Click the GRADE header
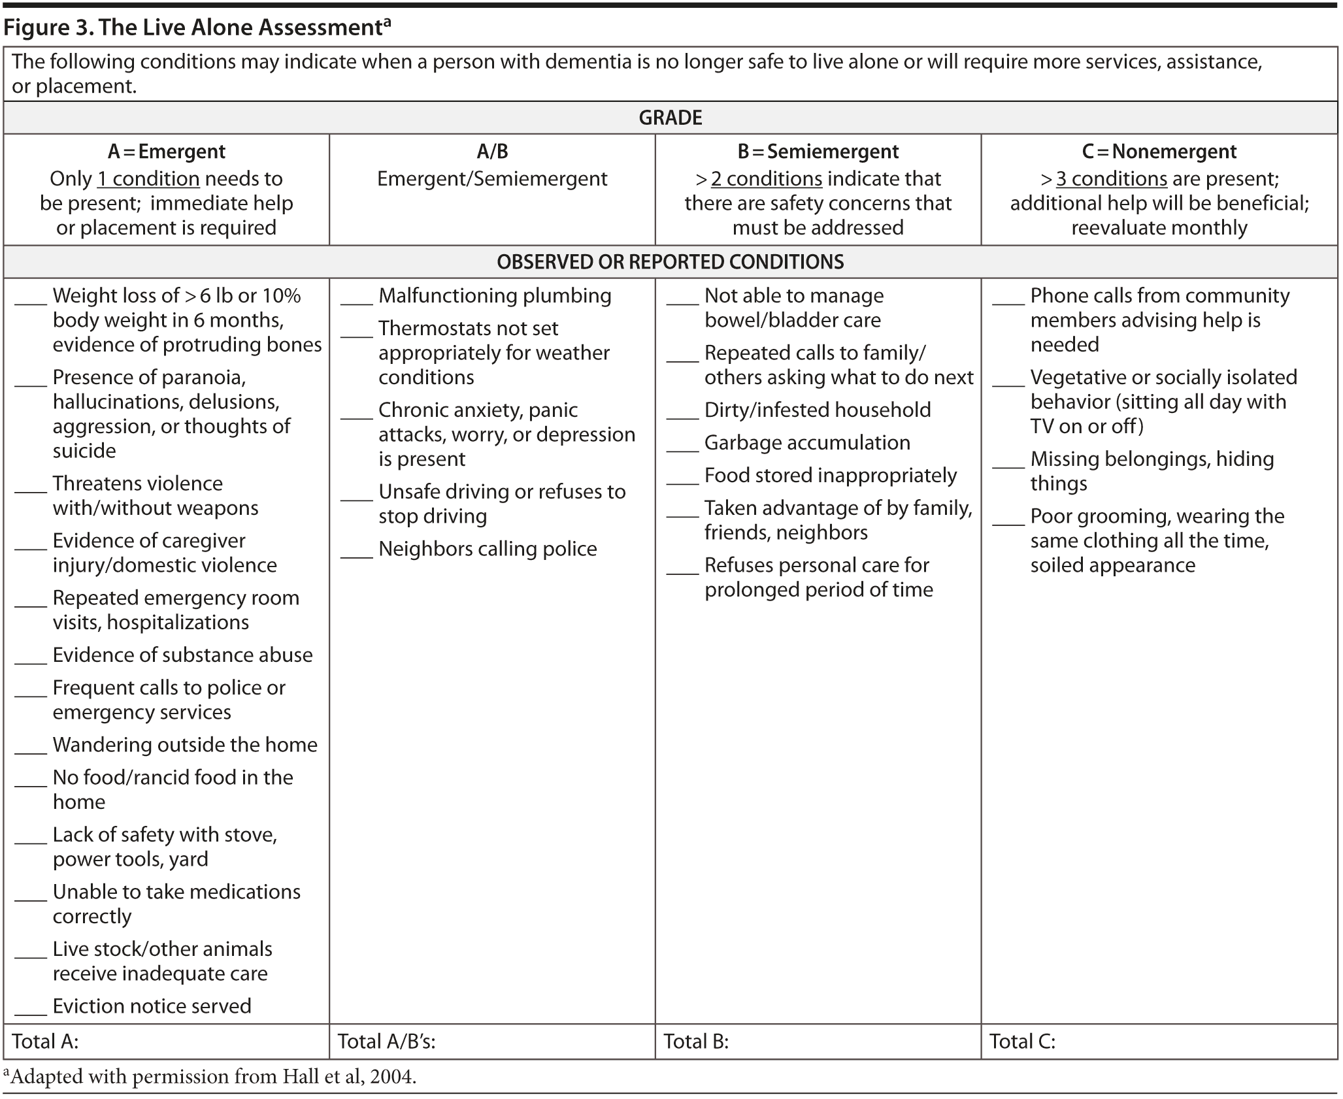[670, 118]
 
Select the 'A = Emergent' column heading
[166, 152]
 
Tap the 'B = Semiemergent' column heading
[818, 152]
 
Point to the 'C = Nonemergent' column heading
[1159, 152]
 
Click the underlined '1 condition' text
[148, 179]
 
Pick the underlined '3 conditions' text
[1111, 179]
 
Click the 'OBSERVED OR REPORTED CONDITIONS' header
[670, 262]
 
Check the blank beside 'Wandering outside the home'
[31, 750]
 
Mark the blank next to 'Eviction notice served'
[31, 1011]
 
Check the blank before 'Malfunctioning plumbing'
[356, 301]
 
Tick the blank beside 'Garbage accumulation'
[682, 448]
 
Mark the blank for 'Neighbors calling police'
[356, 554]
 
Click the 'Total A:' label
[45, 1041]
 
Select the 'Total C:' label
[1022, 1041]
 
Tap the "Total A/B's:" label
[386, 1041]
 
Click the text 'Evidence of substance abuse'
[182, 655]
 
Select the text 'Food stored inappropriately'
[830, 475]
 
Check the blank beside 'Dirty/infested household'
[682, 416]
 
